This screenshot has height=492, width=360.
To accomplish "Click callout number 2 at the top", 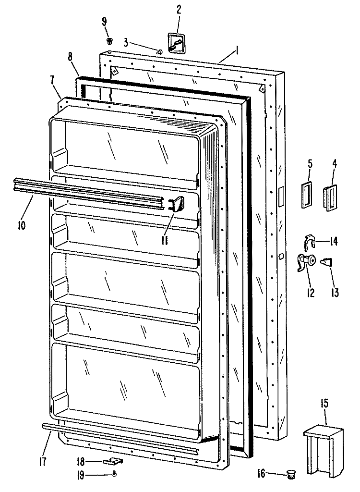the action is [179, 10].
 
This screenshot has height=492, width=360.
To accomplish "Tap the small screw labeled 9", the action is [110, 40].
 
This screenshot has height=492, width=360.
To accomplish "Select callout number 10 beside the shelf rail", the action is [22, 225].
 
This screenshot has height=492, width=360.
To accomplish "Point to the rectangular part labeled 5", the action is [306, 196].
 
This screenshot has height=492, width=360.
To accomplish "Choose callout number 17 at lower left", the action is [43, 461].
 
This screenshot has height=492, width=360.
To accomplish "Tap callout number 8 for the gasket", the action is [70, 57].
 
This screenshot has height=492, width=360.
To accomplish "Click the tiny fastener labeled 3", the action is [159, 52].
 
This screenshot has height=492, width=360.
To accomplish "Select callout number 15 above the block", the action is [324, 403].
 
